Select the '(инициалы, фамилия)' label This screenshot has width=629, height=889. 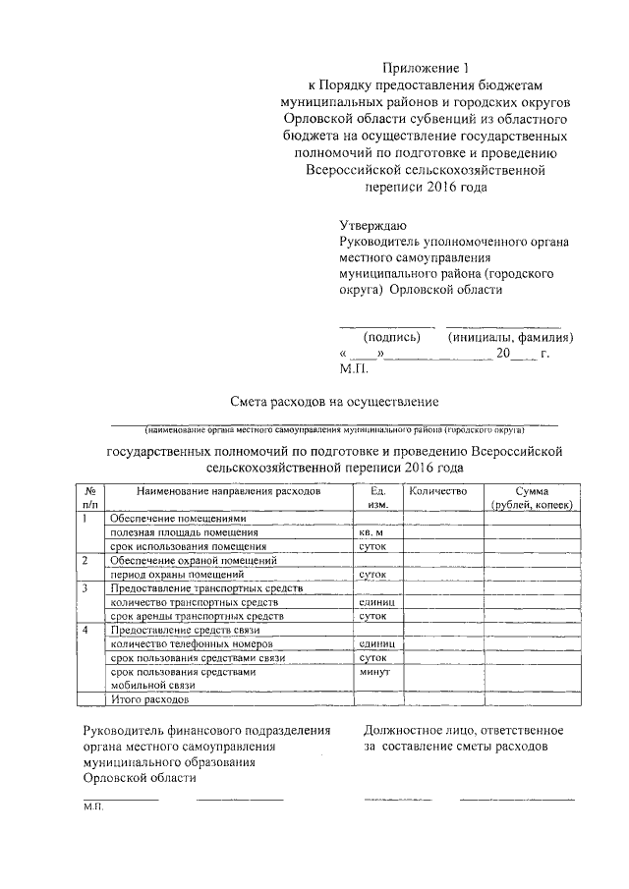click(510, 337)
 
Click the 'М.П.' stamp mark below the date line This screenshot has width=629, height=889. click(352, 369)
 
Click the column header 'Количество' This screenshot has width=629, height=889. click(436, 490)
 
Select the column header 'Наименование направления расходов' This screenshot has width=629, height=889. click(228, 490)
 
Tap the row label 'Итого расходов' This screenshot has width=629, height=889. click(147, 700)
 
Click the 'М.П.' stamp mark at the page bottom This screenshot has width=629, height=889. click(93, 810)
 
